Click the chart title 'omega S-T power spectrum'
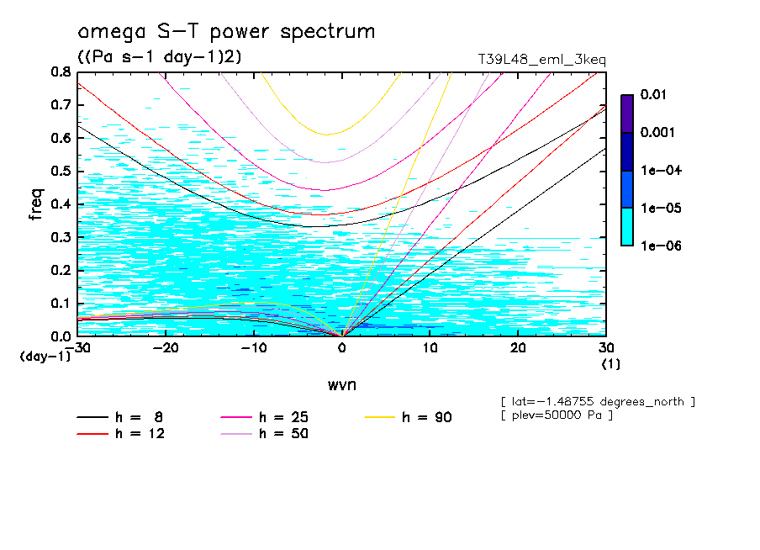point(226,32)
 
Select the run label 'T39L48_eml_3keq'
point(541,60)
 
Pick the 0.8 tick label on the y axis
point(60,72)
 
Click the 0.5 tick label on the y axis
point(60,171)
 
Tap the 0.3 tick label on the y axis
point(60,237)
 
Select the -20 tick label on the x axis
point(166,348)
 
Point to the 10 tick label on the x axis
point(430,348)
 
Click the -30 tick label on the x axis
point(77,348)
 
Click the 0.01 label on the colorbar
point(654,95)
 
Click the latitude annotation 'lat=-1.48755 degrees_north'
point(597,401)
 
